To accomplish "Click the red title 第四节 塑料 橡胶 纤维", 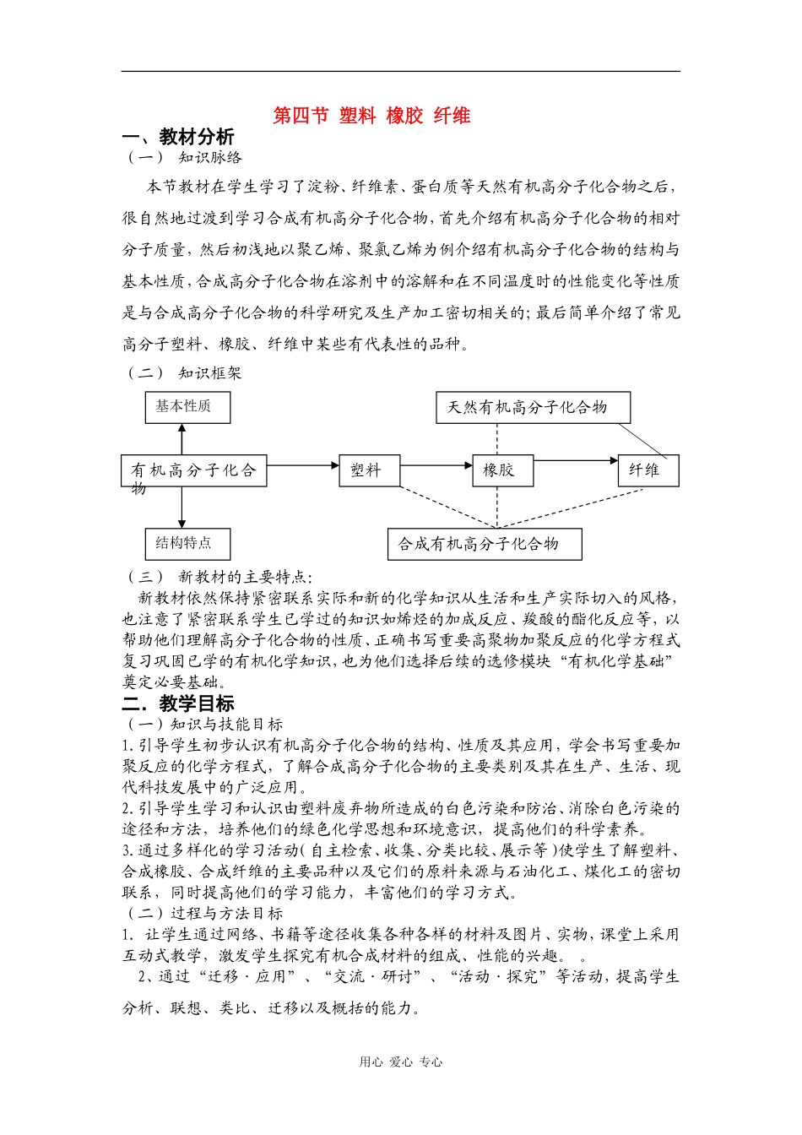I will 371,116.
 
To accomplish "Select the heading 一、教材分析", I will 178,137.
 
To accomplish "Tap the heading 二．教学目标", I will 178,703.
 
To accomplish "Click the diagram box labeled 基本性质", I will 182,406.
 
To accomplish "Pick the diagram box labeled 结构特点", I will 182,543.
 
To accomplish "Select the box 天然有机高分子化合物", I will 533,407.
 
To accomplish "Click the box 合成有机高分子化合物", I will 485,544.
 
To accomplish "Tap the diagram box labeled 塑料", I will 369,470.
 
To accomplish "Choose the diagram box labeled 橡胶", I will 502,470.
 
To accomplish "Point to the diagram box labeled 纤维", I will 648,470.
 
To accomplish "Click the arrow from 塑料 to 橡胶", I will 436,464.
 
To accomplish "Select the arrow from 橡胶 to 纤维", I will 576,461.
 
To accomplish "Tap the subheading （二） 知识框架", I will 184,372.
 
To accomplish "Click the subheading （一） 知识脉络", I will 184,157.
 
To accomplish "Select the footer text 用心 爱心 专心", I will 400,1062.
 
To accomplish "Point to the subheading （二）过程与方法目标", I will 204,913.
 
